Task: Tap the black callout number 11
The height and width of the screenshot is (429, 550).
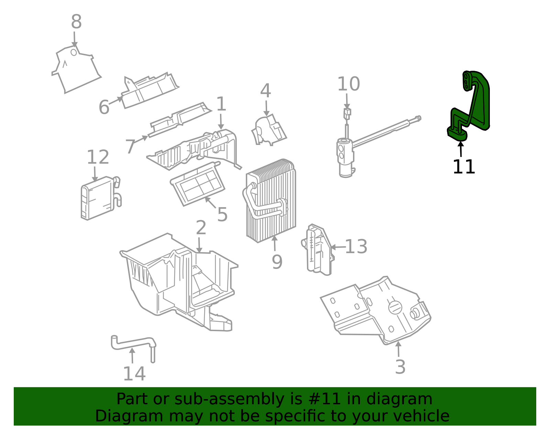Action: coord(463,167)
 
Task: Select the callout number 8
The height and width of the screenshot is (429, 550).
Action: coord(76,22)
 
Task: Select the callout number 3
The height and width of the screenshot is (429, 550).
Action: coord(400,367)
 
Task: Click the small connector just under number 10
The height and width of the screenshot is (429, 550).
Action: coord(347,113)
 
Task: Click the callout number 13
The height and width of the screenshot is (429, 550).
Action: coord(356,247)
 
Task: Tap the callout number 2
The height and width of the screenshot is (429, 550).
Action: coord(201,228)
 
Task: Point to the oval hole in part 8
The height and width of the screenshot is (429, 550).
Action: coord(74,52)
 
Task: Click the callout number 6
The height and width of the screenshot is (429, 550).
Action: coord(104,107)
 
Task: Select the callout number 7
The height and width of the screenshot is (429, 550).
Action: coord(130,147)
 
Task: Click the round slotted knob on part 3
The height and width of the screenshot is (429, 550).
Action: coord(395,307)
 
